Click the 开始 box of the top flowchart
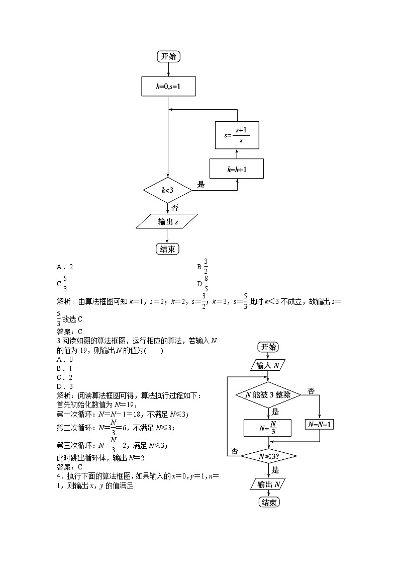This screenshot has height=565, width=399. [168, 56]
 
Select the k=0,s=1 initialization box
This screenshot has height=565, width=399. [168, 87]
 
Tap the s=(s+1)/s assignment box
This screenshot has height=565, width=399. [237, 135]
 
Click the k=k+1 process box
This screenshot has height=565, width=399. [237, 170]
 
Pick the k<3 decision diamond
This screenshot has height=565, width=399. [168, 190]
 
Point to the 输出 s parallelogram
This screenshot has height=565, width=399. [167, 222]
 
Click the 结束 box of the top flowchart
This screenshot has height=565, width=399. [167, 249]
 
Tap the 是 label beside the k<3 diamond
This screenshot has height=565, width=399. [201, 185]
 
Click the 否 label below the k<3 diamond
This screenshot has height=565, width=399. [174, 207]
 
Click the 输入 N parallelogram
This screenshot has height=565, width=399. [268, 365]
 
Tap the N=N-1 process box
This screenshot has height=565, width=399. [320, 424]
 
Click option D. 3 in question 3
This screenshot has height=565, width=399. [65, 386]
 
